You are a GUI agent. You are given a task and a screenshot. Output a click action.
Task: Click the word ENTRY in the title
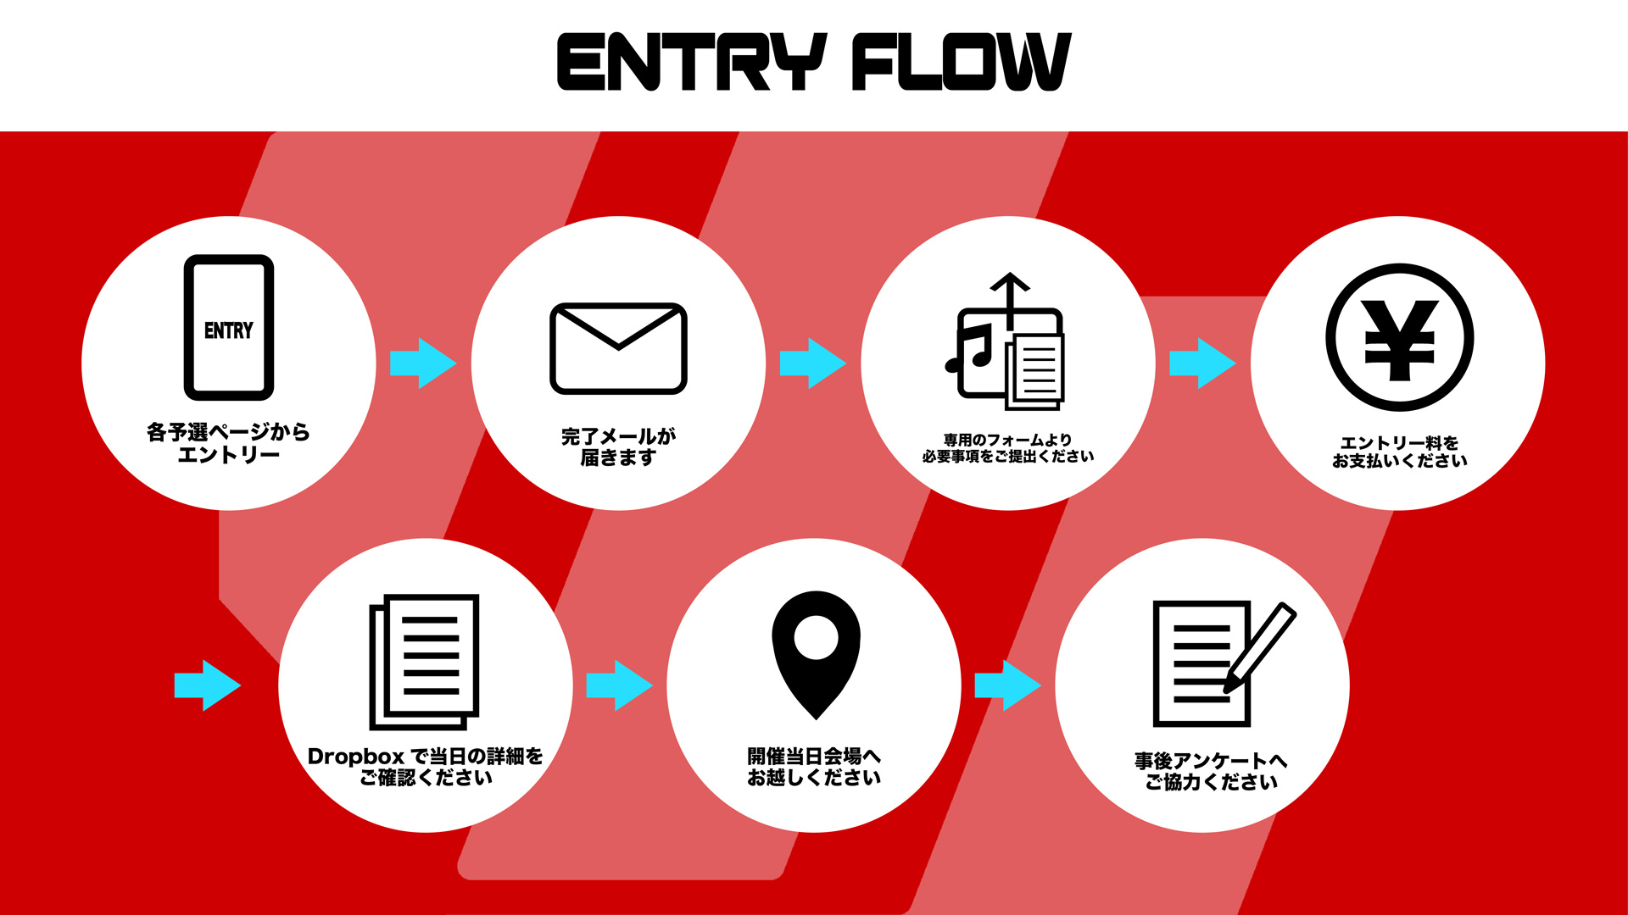pyautogui.click(x=692, y=62)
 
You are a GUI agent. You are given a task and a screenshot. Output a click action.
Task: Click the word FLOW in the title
pyautogui.click(x=962, y=62)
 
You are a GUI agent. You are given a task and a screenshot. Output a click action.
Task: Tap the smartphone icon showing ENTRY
pyautogui.click(x=229, y=327)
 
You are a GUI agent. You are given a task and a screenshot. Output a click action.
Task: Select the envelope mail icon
pyautogui.click(x=618, y=348)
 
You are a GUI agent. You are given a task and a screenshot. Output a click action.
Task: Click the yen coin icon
pyautogui.click(x=1399, y=338)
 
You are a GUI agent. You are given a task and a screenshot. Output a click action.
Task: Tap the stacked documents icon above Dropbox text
pyautogui.click(x=424, y=662)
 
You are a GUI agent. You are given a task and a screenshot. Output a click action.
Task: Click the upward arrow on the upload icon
pyautogui.click(x=1010, y=301)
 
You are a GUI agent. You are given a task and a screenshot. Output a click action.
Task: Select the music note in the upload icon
pyautogui.click(x=968, y=348)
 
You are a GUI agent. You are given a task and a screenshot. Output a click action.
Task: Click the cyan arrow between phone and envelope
pyautogui.click(x=423, y=363)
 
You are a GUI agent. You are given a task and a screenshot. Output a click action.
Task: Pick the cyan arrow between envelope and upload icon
pyautogui.click(x=812, y=363)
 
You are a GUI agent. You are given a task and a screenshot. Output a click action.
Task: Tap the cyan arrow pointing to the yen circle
pyautogui.click(x=1202, y=363)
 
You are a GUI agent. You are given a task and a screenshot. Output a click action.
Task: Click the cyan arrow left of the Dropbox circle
pyautogui.click(x=208, y=685)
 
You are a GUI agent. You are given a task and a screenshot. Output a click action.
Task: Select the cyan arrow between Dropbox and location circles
pyautogui.click(x=620, y=685)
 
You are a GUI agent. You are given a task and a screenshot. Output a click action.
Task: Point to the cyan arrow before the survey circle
pyautogui.click(x=1008, y=685)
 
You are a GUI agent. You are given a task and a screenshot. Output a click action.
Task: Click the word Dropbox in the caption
pyautogui.click(x=356, y=757)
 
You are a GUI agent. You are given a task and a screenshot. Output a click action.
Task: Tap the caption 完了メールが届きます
pyautogui.click(x=618, y=446)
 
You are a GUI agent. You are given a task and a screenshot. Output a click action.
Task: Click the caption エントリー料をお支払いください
pyautogui.click(x=1399, y=452)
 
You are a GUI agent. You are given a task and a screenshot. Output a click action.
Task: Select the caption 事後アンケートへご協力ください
pyautogui.click(x=1211, y=771)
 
